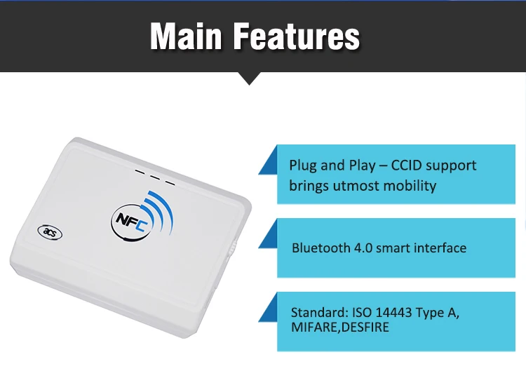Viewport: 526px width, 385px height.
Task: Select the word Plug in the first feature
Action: pyautogui.click(x=303, y=166)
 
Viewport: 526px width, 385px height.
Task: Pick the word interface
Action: pyautogui.click(x=439, y=248)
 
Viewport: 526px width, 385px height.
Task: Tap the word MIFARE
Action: pyautogui.click(x=315, y=327)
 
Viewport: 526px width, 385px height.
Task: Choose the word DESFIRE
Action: pyautogui.click(x=365, y=327)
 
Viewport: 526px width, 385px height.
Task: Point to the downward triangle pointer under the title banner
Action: pyautogui.click(x=250, y=78)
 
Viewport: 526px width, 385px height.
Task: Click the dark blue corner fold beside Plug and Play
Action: pyautogui.click(x=269, y=163)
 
